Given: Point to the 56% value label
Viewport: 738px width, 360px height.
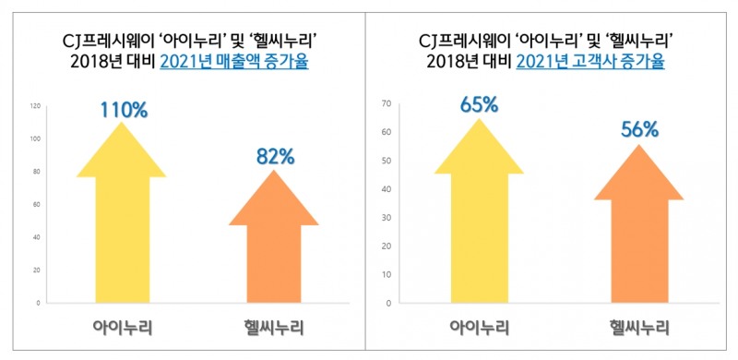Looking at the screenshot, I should click(x=638, y=130).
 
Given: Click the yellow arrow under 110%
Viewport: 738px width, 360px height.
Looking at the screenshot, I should click(x=122, y=222).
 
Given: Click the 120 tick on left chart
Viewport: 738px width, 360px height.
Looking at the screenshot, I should click(x=35, y=106).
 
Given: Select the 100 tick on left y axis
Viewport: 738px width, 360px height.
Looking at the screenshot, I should click(x=35, y=139).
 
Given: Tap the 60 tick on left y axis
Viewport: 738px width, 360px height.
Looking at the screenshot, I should click(x=36, y=205).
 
